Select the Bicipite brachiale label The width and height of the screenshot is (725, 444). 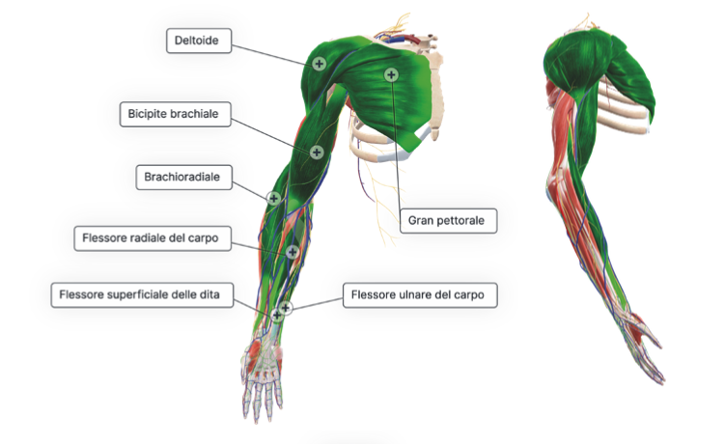(174, 114)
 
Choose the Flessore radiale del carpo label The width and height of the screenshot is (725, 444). (153, 238)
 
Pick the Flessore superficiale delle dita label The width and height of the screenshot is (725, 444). (142, 294)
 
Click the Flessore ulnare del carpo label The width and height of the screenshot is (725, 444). (420, 294)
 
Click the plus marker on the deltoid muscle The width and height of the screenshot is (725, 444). (319, 63)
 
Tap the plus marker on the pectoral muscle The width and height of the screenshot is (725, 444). (391, 74)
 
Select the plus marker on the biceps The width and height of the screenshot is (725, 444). (317, 152)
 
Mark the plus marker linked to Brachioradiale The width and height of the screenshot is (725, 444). (274, 198)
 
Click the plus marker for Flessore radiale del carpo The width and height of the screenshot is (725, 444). (293, 252)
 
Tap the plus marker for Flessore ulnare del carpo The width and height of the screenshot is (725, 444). (287, 308)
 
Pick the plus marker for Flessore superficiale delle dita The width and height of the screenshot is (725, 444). (277, 313)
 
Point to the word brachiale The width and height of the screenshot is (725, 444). (198, 114)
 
